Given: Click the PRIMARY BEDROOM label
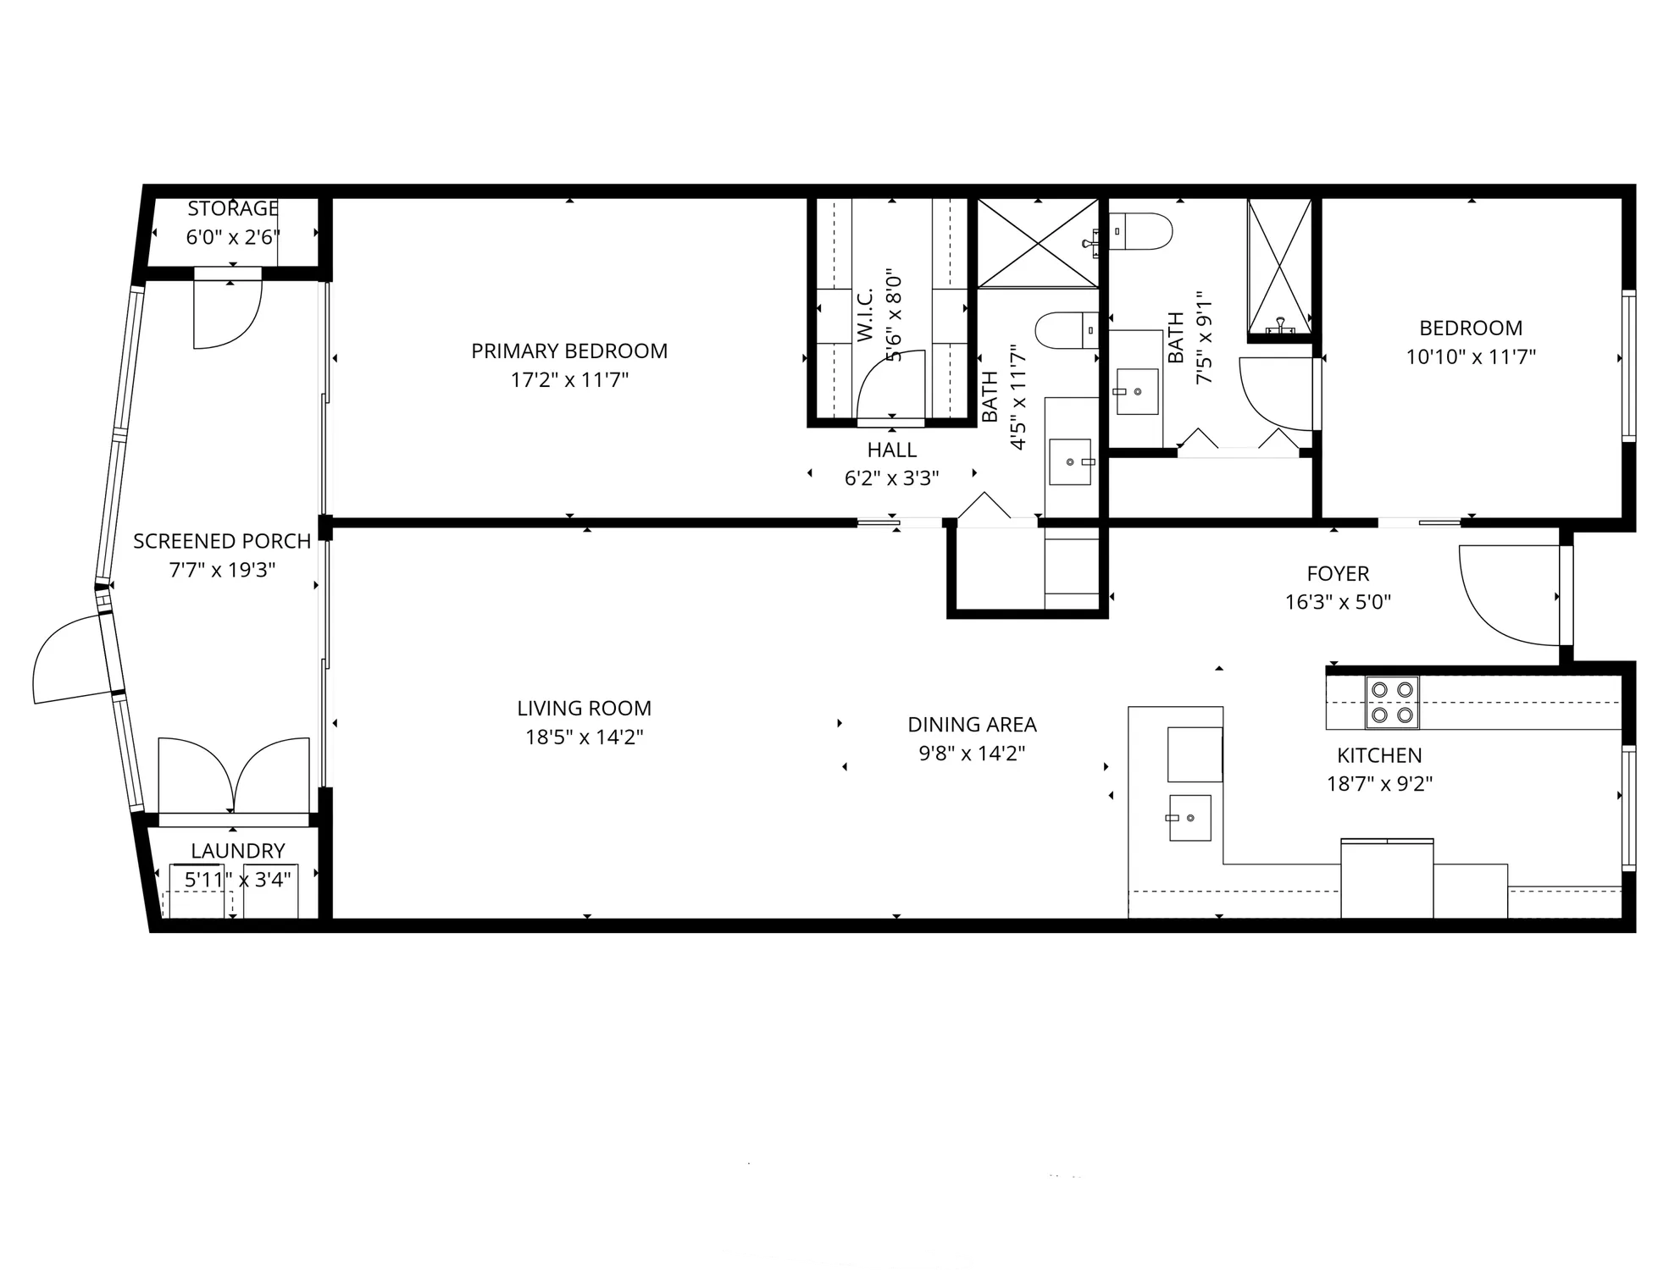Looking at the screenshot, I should [569, 351].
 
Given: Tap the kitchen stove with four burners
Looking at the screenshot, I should [1392, 703].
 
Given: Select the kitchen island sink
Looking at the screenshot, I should [1189, 818].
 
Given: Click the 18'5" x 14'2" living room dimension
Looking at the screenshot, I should [584, 737].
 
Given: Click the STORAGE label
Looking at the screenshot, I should [233, 208].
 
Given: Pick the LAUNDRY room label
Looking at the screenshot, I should [237, 851].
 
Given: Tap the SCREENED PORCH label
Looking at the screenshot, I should [222, 541].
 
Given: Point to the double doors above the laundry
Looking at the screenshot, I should [234, 775].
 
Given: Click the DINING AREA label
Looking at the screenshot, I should [972, 725].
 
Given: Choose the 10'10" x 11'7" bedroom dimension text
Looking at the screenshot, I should [1471, 357].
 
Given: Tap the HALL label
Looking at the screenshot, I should [891, 450].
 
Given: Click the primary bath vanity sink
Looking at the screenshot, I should [1070, 461].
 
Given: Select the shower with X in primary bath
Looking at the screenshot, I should [1038, 244].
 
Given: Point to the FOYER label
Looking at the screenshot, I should [1338, 573].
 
